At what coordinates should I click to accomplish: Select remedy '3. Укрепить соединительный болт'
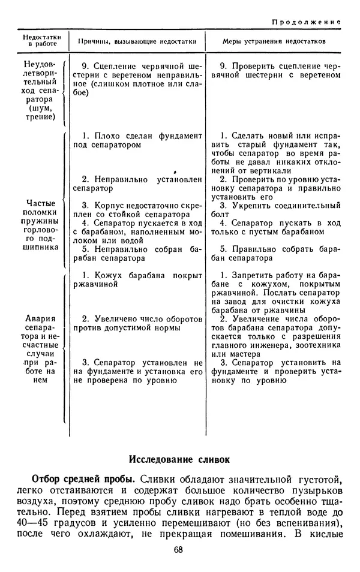(276, 210)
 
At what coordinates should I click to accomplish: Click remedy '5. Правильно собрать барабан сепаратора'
(276, 253)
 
